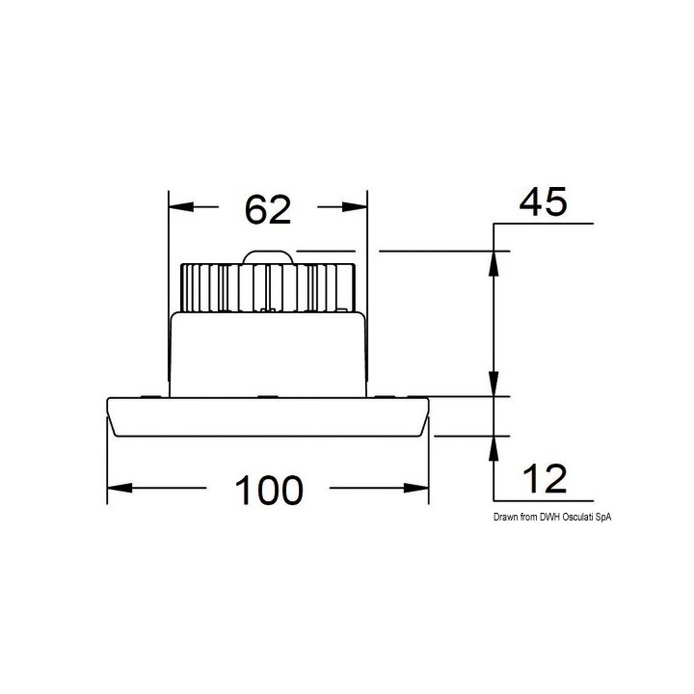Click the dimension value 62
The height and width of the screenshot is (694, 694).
point(268,209)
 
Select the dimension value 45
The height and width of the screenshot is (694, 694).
point(543,201)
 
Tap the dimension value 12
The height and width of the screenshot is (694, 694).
point(545,478)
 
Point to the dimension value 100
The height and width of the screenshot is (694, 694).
point(269,490)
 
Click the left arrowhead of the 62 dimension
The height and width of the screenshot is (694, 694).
point(181,206)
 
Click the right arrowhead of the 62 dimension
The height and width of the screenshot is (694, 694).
point(355,206)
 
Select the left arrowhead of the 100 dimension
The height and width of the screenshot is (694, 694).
point(120,488)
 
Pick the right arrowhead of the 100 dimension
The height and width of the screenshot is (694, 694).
point(416,488)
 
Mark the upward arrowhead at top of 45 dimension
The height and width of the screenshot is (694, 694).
point(494,264)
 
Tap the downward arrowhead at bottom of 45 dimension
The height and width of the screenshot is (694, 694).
point(494,384)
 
